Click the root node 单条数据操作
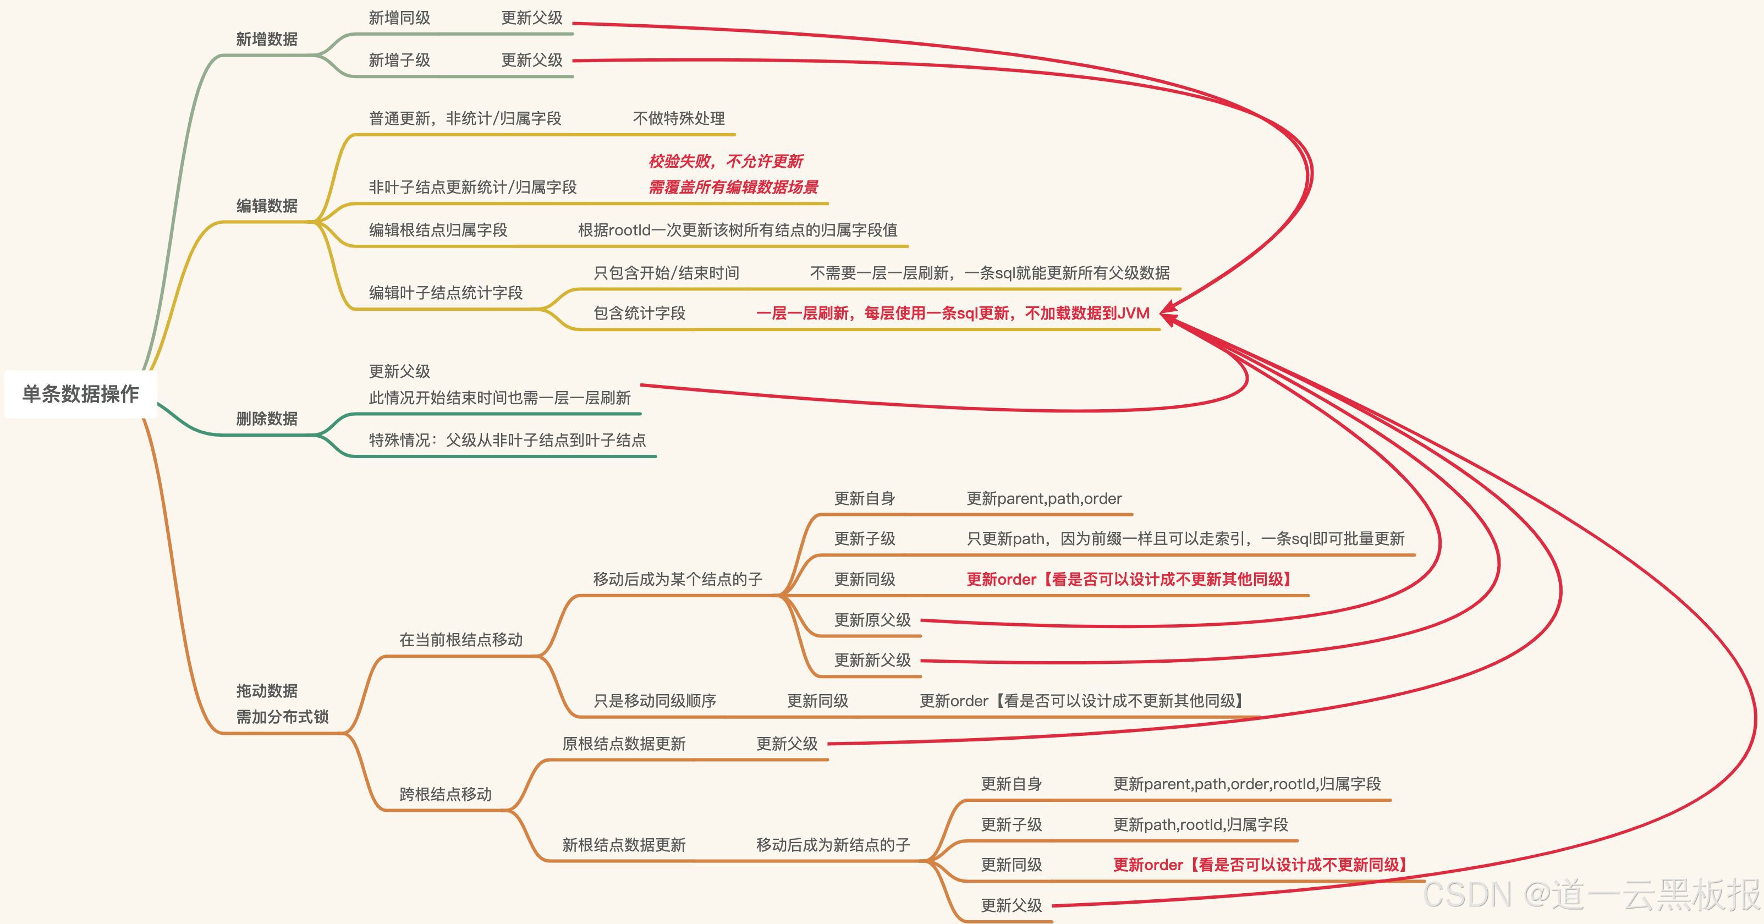pos(81,394)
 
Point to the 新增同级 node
pos(399,18)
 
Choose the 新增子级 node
pos(399,61)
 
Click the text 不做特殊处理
pos(679,118)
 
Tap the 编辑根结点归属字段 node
pos(438,230)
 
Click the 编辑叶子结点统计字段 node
pos(446,293)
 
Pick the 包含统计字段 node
pos(639,313)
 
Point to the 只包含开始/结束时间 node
pos(666,273)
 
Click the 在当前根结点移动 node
pos(461,640)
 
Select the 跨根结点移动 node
pos(446,795)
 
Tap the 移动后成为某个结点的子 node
pos(677,580)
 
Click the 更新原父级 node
pos(872,620)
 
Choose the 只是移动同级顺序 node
pos(655,701)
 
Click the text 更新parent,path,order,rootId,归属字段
pos(1247,784)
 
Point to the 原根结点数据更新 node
pos(624,744)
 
